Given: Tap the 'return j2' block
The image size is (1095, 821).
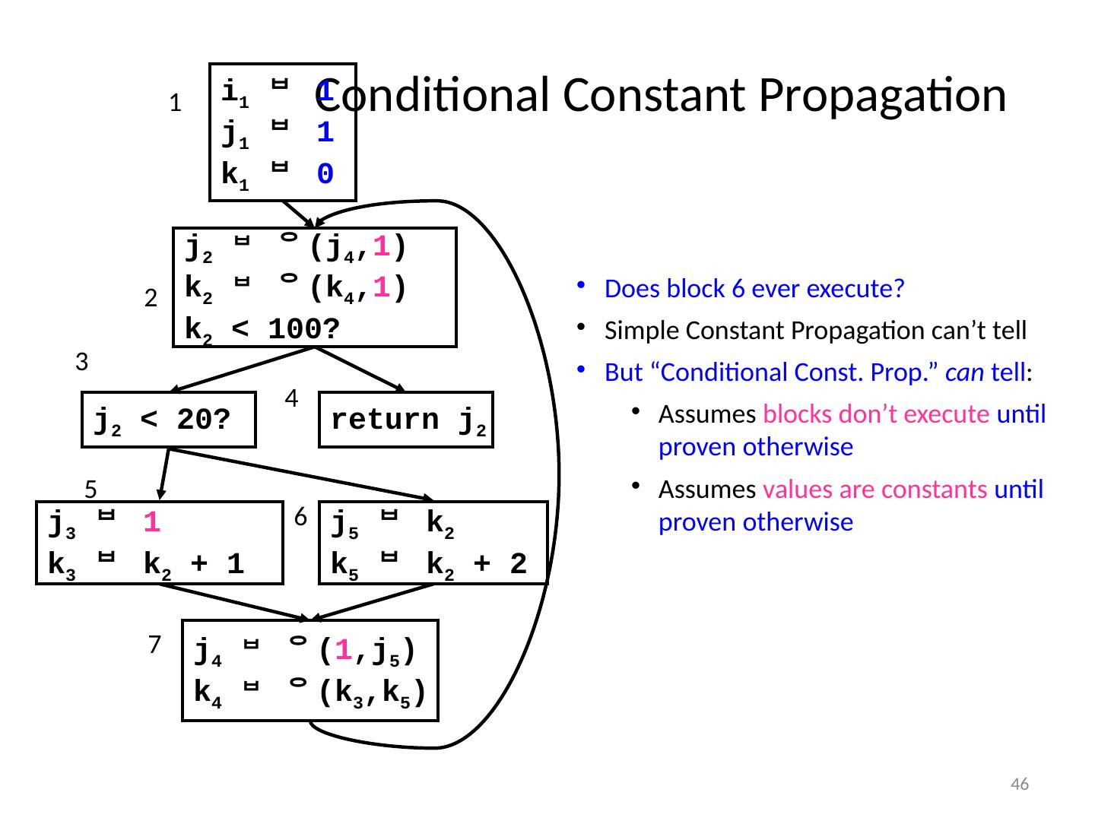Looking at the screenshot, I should coord(406,420).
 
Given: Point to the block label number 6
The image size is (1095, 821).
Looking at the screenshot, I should coord(300,517).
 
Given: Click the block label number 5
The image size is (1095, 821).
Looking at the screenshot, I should coord(90,487).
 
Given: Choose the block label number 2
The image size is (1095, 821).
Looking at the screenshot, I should coord(150,300).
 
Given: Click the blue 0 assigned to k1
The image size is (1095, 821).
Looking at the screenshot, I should coord(325,175).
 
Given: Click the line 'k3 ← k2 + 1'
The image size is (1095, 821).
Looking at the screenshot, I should coord(146,564).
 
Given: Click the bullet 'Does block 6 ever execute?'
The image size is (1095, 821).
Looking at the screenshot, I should coord(754,290).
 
